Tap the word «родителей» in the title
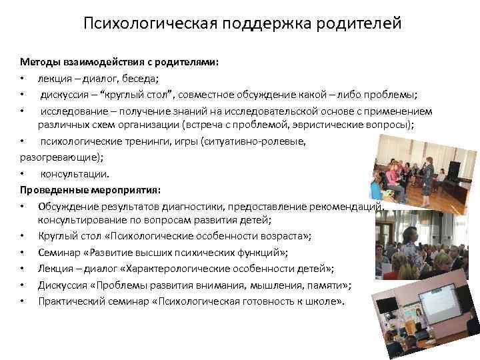tap(361, 25)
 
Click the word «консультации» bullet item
tap(75, 173)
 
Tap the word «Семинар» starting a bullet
tap(59, 253)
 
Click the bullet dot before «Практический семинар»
tap(23, 301)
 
